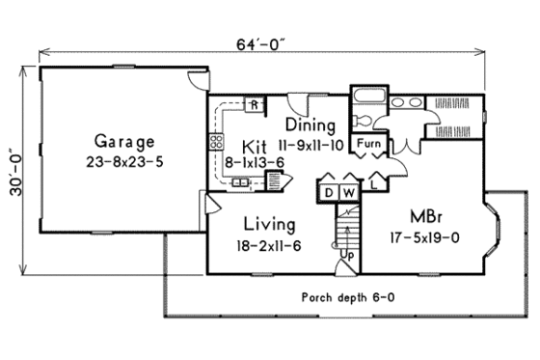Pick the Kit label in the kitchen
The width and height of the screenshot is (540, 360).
[254, 145]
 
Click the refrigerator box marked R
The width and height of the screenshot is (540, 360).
[255, 104]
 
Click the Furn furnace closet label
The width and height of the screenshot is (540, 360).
[367, 146]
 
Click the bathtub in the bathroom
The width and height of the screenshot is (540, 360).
[366, 97]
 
